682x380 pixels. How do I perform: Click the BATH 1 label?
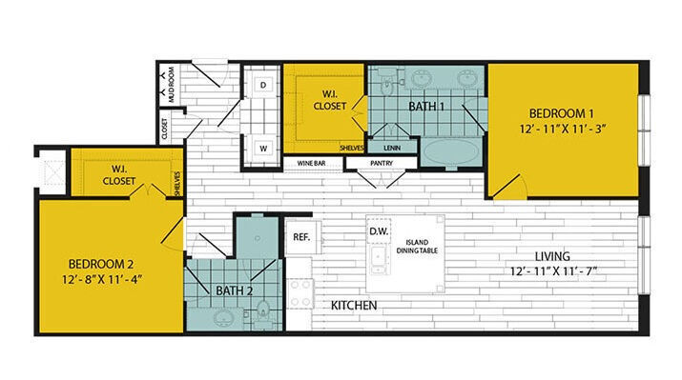pyautogui.click(x=428, y=107)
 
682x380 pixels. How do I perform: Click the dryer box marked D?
pyautogui.click(x=262, y=85)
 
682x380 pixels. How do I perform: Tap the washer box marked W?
pyautogui.click(x=262, y=148)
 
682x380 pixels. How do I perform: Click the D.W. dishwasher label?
pyautogui.click(x=378, y=230)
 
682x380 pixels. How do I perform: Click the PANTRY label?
pyautogui.click(x=382, y=164)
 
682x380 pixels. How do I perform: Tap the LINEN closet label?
pyautogui.click(x=391, y=148)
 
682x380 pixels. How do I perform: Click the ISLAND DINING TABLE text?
pyautogui.click(x=415, y=245)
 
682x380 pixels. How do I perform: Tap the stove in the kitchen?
pyautogui.click(x=301, y=294)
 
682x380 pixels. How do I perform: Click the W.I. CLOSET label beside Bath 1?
pyautogui.click(x=330, y=101)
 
